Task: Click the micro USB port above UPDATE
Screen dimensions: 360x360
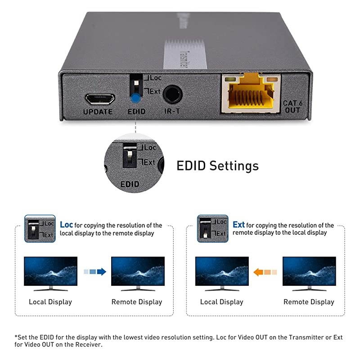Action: pyautogui.click(x=99, y=98)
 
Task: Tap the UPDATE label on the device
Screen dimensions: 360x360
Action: pyautogui.click(x=98, y=112)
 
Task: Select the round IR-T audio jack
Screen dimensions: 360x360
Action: pyautogui.click(x=172, y=95)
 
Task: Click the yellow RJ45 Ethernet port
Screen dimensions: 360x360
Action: pyautogui.click(x=251, y=94)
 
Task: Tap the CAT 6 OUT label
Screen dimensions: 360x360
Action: pyautogui.click(x=292, y=106)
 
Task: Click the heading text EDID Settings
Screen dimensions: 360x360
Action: pyautogui.click(x=217, y=166)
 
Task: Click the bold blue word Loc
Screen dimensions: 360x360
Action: pyautogui.click(x=66, y=225)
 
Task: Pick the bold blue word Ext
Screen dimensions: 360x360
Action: pyautogui.click(x=238, y=225)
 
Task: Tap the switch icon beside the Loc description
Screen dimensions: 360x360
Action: pyautogui.click(x=40, y=228)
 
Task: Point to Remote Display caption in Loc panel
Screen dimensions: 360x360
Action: pyautogui.click(x=137, y=302)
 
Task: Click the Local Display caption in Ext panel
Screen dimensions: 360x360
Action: pyautogui.click(x=222, y=302)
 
